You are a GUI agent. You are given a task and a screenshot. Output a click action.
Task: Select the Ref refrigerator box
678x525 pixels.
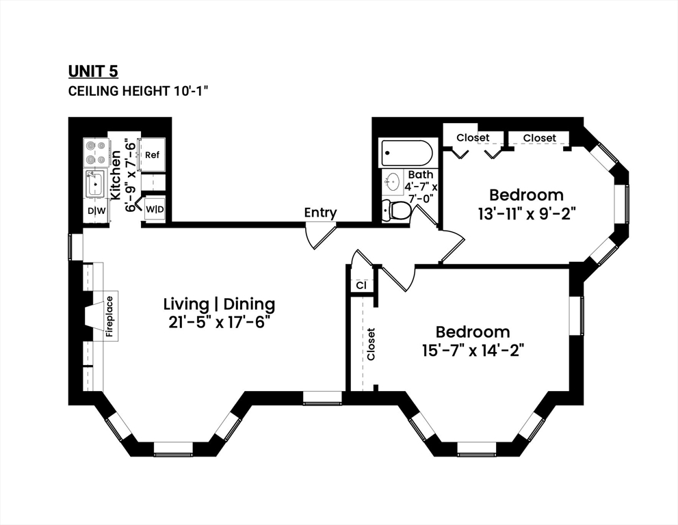151,155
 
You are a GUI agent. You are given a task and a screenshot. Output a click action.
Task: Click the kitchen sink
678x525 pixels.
95,184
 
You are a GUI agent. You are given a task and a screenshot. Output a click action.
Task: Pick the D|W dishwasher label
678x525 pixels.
96,211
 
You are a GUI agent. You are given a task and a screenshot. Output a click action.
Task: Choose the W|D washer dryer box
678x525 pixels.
155,208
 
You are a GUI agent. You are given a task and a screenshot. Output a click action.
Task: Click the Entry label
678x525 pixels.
320,213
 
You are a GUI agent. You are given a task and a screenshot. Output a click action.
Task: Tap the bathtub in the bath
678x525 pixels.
407,152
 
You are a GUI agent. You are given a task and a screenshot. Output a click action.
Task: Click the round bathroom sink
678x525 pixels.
393,182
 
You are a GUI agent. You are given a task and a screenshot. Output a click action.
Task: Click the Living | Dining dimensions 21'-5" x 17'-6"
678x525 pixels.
219,322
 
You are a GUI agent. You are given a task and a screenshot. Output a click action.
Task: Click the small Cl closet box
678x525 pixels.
361,285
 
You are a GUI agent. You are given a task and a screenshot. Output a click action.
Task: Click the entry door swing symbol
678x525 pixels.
319,234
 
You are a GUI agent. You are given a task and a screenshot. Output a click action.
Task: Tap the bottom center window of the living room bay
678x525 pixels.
172,449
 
